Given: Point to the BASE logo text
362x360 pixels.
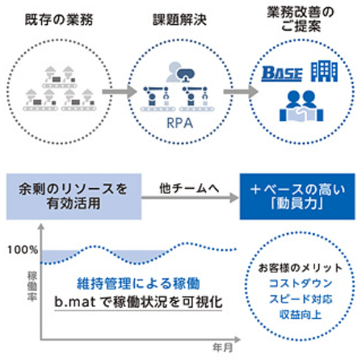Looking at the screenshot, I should (x=282, y=73).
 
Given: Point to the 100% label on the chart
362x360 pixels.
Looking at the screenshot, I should (x=21, y=249).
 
